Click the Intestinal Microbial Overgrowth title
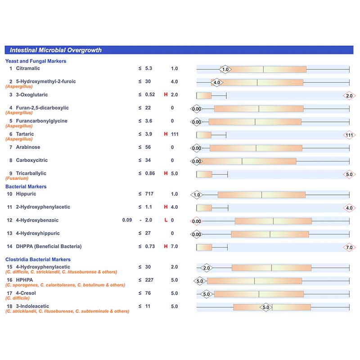tap(55, 50)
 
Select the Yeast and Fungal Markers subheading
tap(36, 61)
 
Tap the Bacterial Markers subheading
tap(26, 187)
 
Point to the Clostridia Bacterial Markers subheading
tap(38, 260)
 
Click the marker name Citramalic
tap(28, 68)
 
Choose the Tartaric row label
tap(25, 134)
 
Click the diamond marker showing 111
tap(349, 135)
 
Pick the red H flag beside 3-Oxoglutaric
tap(166, 94)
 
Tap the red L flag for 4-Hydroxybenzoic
tap(166, 220)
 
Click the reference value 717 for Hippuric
tap(149, 194)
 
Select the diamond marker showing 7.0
tap(349, 247)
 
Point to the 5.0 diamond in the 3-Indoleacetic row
tap(266, 307)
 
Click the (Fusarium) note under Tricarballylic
tap(17, 178)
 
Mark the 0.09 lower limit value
tap(127, 220)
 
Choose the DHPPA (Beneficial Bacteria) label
tap(49, 247)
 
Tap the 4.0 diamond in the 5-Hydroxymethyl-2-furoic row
tap(217, 82)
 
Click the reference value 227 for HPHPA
tap(149, 280)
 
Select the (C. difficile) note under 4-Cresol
tap(18, 298)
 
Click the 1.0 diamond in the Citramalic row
tap(225, 69)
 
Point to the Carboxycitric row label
tap(31, 160)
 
